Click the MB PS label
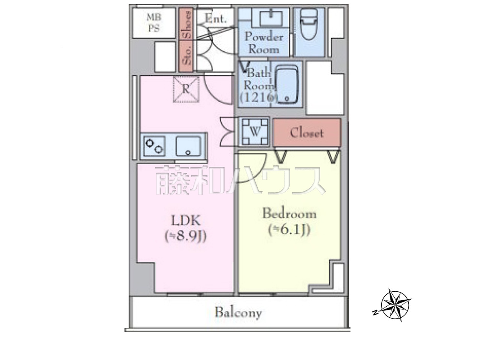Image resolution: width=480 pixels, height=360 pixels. [x=154, y=23]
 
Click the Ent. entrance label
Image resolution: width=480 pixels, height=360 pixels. [x=216, y=19]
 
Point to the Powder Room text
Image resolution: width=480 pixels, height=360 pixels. [x=264, y=43]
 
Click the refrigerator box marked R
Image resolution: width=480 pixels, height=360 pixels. [x=186, y=89]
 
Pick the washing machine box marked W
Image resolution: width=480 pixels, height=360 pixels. [x=255, y=132]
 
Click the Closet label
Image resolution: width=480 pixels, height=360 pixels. [x=306, y=133]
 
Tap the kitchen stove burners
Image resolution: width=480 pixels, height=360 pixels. [x=154, y=146]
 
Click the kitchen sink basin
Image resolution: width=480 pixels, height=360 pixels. [x=188, y=146]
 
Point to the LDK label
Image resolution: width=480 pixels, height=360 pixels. [x=186, y=221]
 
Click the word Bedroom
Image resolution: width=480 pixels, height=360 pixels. [x=289, y=213]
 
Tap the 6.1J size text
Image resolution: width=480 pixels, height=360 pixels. [x=289, y=230]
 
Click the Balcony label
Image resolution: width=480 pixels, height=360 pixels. [x=238, y=313]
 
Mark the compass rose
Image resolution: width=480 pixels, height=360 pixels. [x=395, y=305]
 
